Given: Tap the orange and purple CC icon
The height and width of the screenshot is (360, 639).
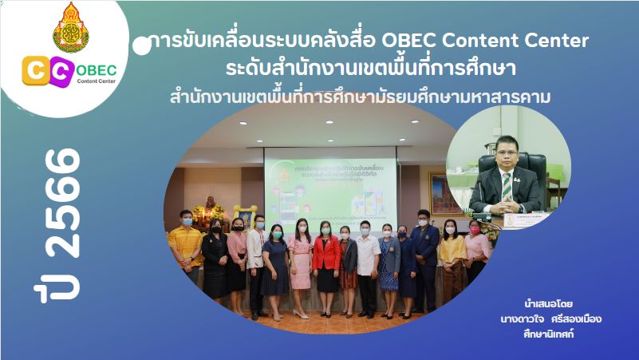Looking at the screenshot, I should (47, 71).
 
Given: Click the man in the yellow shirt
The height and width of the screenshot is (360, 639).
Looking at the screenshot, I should (186, 243).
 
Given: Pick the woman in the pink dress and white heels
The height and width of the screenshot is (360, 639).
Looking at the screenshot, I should (301, 263).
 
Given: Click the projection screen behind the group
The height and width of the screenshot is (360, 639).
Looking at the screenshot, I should (330, 183).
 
